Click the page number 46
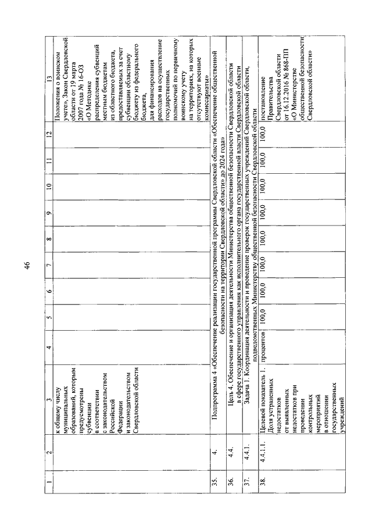[27, 267]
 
